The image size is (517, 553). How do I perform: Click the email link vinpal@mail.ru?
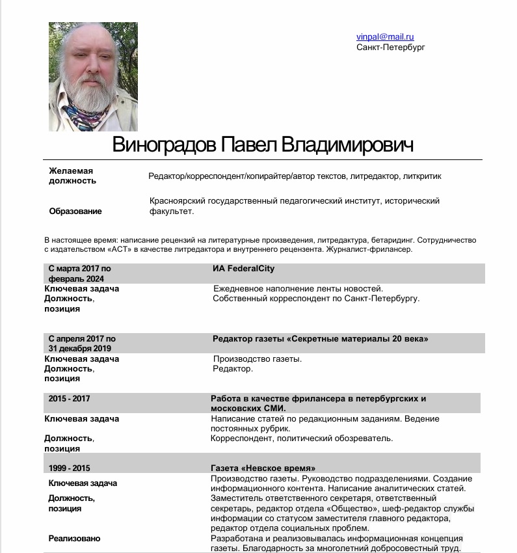click(385, 37)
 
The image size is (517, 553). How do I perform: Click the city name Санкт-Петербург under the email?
click(390, 47)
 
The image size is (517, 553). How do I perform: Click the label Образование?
click(75, 211)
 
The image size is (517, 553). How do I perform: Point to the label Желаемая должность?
click(71, 176)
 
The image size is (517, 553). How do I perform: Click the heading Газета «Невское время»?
click(263, 468)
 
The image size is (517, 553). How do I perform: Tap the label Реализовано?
click(75, 539)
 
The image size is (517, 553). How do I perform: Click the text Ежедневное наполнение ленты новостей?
click(298, 288)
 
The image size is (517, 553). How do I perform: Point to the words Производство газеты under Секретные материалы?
click(258, 358)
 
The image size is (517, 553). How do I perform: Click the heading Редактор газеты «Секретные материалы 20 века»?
click(321, 338)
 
